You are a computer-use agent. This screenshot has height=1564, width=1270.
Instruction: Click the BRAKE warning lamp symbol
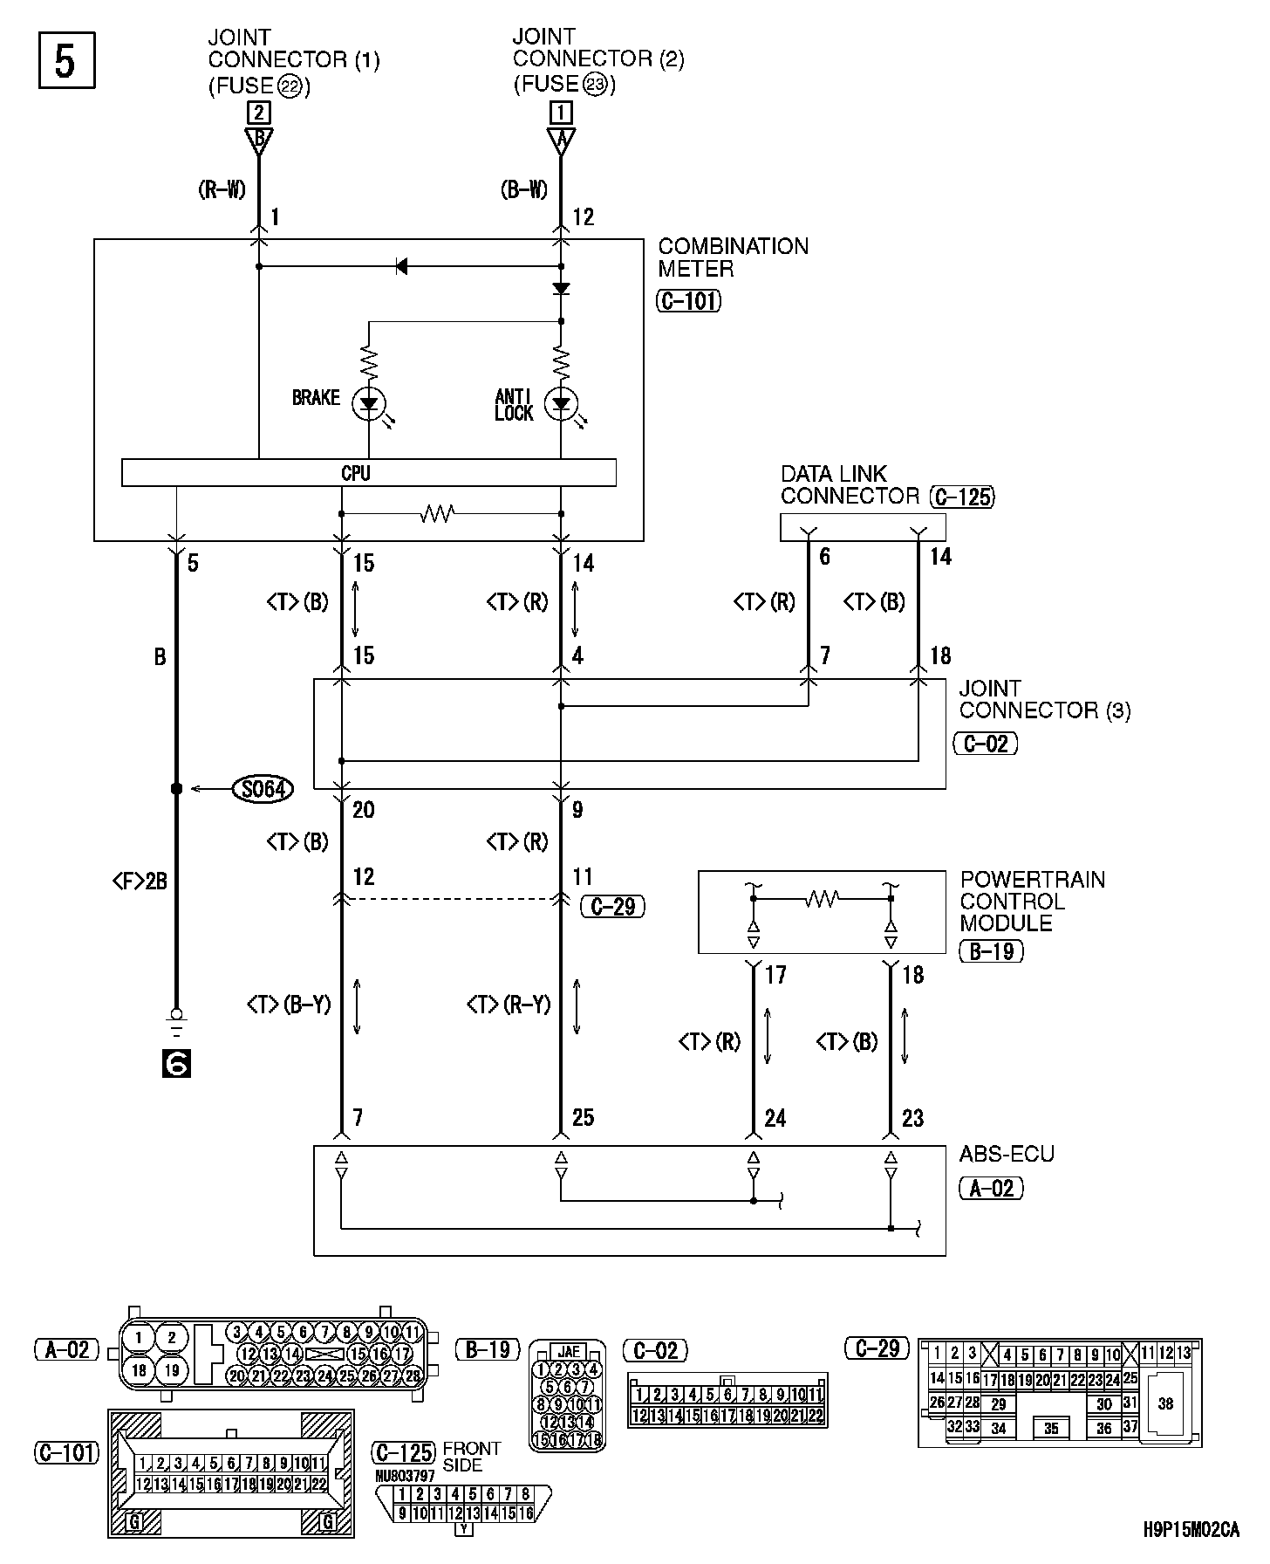pos(369,403)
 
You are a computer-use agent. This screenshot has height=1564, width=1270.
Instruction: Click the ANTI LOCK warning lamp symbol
pos(561,403)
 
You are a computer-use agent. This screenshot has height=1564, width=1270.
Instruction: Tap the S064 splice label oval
pos(262,789)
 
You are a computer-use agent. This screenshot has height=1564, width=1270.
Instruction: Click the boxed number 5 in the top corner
pos(66,61)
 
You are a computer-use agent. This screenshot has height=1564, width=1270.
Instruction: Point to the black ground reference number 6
pos(176,1064)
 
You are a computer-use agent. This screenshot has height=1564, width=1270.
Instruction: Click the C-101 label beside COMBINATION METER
pos(688,302)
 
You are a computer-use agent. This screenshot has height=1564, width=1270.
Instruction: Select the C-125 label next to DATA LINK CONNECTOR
pos(962,497)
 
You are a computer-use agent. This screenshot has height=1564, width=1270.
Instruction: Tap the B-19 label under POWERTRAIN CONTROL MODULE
pos(991,950)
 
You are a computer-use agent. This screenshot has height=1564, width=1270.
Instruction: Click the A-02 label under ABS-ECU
pos(991,1188)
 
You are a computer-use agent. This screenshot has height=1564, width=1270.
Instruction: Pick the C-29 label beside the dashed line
pos(612,907)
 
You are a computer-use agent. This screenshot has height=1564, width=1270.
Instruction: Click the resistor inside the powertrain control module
pos(822,897)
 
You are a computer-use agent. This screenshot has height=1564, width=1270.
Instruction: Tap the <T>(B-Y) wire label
pos(289,1005)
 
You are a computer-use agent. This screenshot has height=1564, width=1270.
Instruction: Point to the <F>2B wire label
pos(140,882)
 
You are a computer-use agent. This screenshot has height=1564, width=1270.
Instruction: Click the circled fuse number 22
pos(290,86)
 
